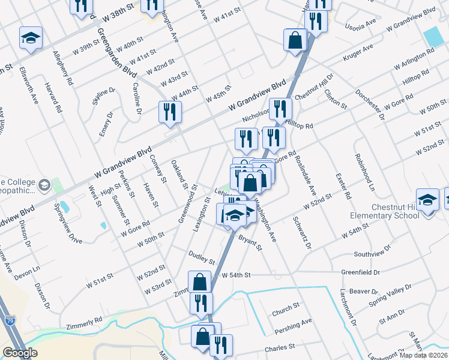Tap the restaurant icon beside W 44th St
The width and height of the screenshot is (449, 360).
(170, 112)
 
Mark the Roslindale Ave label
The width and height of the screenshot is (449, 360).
(305, 176)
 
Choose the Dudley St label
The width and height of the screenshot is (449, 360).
(202, 257)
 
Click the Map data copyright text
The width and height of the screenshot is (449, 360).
(423, 355)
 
